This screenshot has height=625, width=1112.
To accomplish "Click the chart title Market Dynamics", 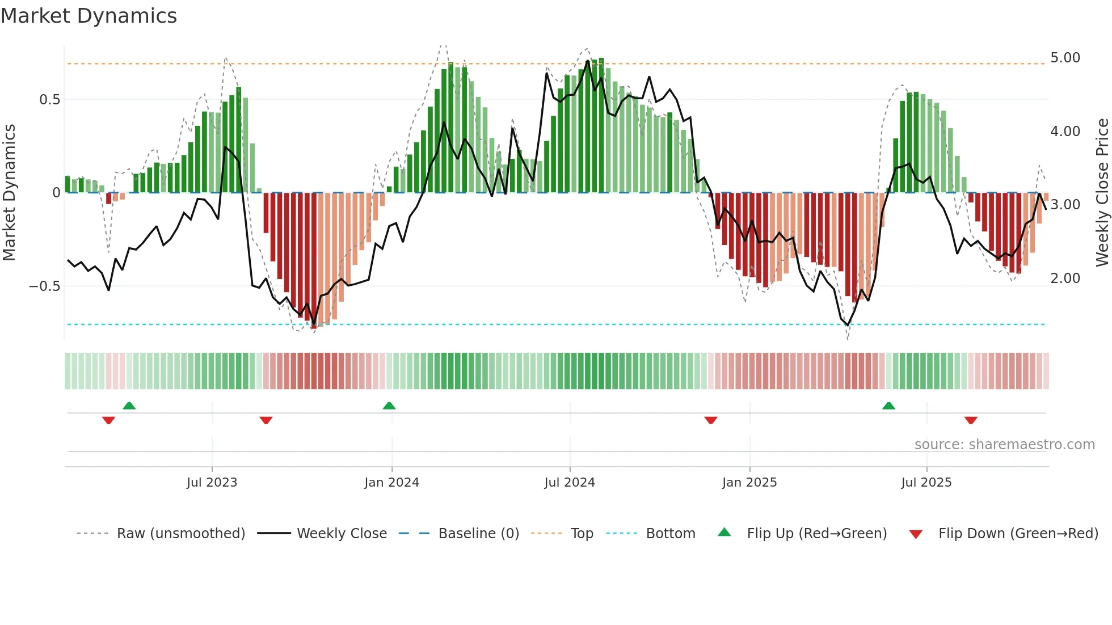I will pos(89,16).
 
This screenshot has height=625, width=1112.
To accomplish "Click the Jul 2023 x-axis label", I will pos(212,483).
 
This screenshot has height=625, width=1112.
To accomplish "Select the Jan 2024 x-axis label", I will pos(391,483).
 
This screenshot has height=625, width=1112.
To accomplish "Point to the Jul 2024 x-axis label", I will pos(570,483).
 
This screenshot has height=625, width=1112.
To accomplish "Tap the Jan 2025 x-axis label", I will pos(749,483).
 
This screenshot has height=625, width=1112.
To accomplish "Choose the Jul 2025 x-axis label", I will pos(926,483).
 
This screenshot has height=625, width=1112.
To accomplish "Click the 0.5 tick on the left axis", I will pos(50,100).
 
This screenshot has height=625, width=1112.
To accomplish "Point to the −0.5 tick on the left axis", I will pos(45,286).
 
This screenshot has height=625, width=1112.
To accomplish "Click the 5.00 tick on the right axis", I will pos(1065,58).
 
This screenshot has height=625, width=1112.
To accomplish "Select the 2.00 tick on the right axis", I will pos(1065,278).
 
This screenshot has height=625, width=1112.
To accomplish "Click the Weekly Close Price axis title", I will pos(1102,193).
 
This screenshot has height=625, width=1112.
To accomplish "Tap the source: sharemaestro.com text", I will pos(1004,445).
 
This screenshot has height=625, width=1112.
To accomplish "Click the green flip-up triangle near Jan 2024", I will pos(389,406).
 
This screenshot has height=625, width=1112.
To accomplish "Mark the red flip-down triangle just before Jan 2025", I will pos(711,420).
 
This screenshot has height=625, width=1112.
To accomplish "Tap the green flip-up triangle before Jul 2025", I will pos(888,406).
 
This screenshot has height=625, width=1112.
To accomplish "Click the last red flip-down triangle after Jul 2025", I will pos(971,420).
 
